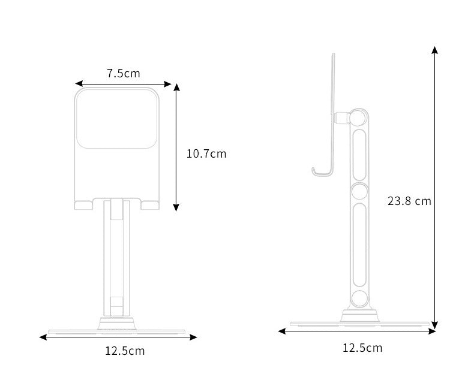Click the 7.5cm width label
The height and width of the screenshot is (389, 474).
coord(124,73)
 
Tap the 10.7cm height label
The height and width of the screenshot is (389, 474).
coord(206,153)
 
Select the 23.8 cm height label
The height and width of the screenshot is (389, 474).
coord(409,201)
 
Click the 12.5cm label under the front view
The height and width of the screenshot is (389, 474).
coord(125,351)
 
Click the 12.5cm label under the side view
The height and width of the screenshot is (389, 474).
coord(362,348)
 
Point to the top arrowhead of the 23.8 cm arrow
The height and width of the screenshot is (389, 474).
coord(435,50)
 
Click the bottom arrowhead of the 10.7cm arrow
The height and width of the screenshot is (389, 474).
coord(176,207)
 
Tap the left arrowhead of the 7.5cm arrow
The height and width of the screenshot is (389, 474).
coord(79,84)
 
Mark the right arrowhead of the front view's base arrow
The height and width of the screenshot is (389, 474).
coord(193,337)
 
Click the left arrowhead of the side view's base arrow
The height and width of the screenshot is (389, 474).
coord(282,331)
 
